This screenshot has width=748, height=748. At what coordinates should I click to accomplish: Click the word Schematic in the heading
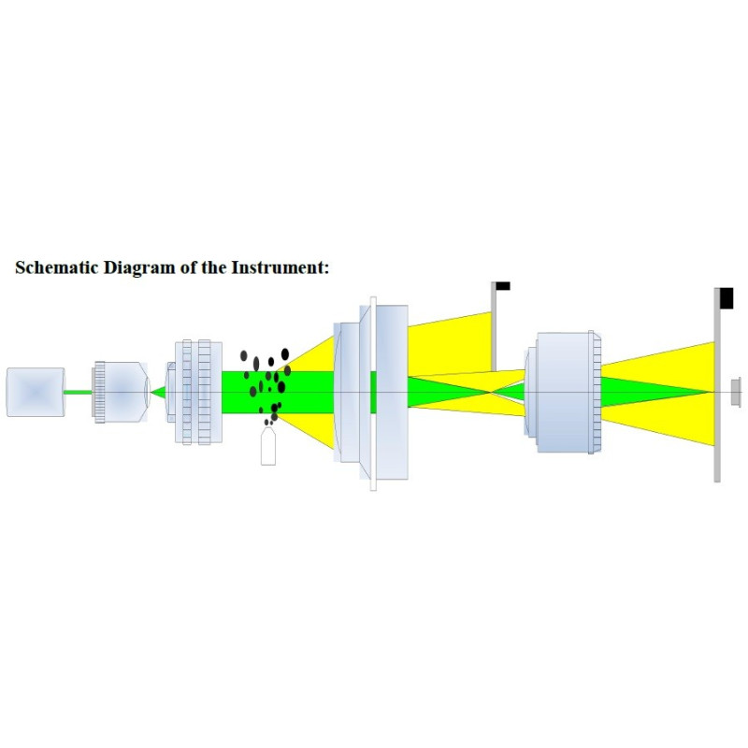click(x=56, y=267)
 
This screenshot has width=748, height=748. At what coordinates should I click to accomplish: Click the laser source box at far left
click(x=36, y=392)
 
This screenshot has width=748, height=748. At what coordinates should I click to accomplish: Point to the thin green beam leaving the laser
click(x=79, y=393)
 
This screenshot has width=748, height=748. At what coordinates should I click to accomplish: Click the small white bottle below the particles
click(x=268, y=446)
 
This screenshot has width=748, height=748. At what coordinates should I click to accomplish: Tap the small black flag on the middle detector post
click(x=503, y=286)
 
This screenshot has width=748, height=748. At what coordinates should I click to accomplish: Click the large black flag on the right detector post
click(x=726, y=298)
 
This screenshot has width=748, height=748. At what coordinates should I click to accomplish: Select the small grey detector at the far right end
click(x=736, y=392)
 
